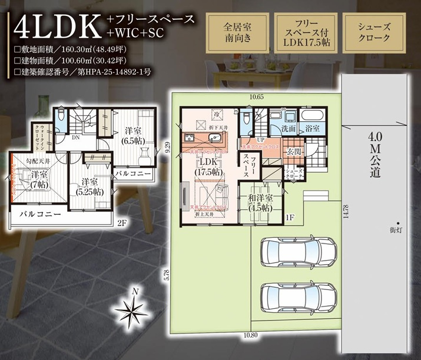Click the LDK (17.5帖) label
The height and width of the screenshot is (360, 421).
(x=208, y=166)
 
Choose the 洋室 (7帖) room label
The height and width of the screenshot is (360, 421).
(x=39, y=179)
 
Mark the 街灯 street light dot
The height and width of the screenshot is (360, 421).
(x=398, y=223)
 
